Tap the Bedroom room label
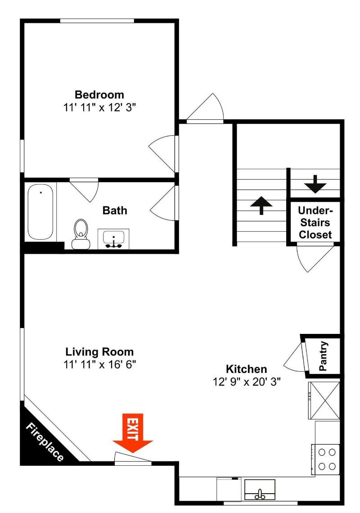tap(99, 94)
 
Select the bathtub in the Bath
tap(40, 211)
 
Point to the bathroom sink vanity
tap(113, 239)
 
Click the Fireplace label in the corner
tap(45, 442)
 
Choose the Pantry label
tap(323, 356)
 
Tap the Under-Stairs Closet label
tap(315, 222)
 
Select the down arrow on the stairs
tap(315, 184)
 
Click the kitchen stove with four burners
tap(326, 459)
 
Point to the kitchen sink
tap(260, 490)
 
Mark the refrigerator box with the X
tap(324, 400)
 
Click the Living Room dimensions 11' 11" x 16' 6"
tap(100, 364)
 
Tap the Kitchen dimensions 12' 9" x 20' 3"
tap(247, 382)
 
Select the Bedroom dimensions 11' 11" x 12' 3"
tap(99, 107)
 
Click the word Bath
tap(115, 210)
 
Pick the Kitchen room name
tap(247, 369)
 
